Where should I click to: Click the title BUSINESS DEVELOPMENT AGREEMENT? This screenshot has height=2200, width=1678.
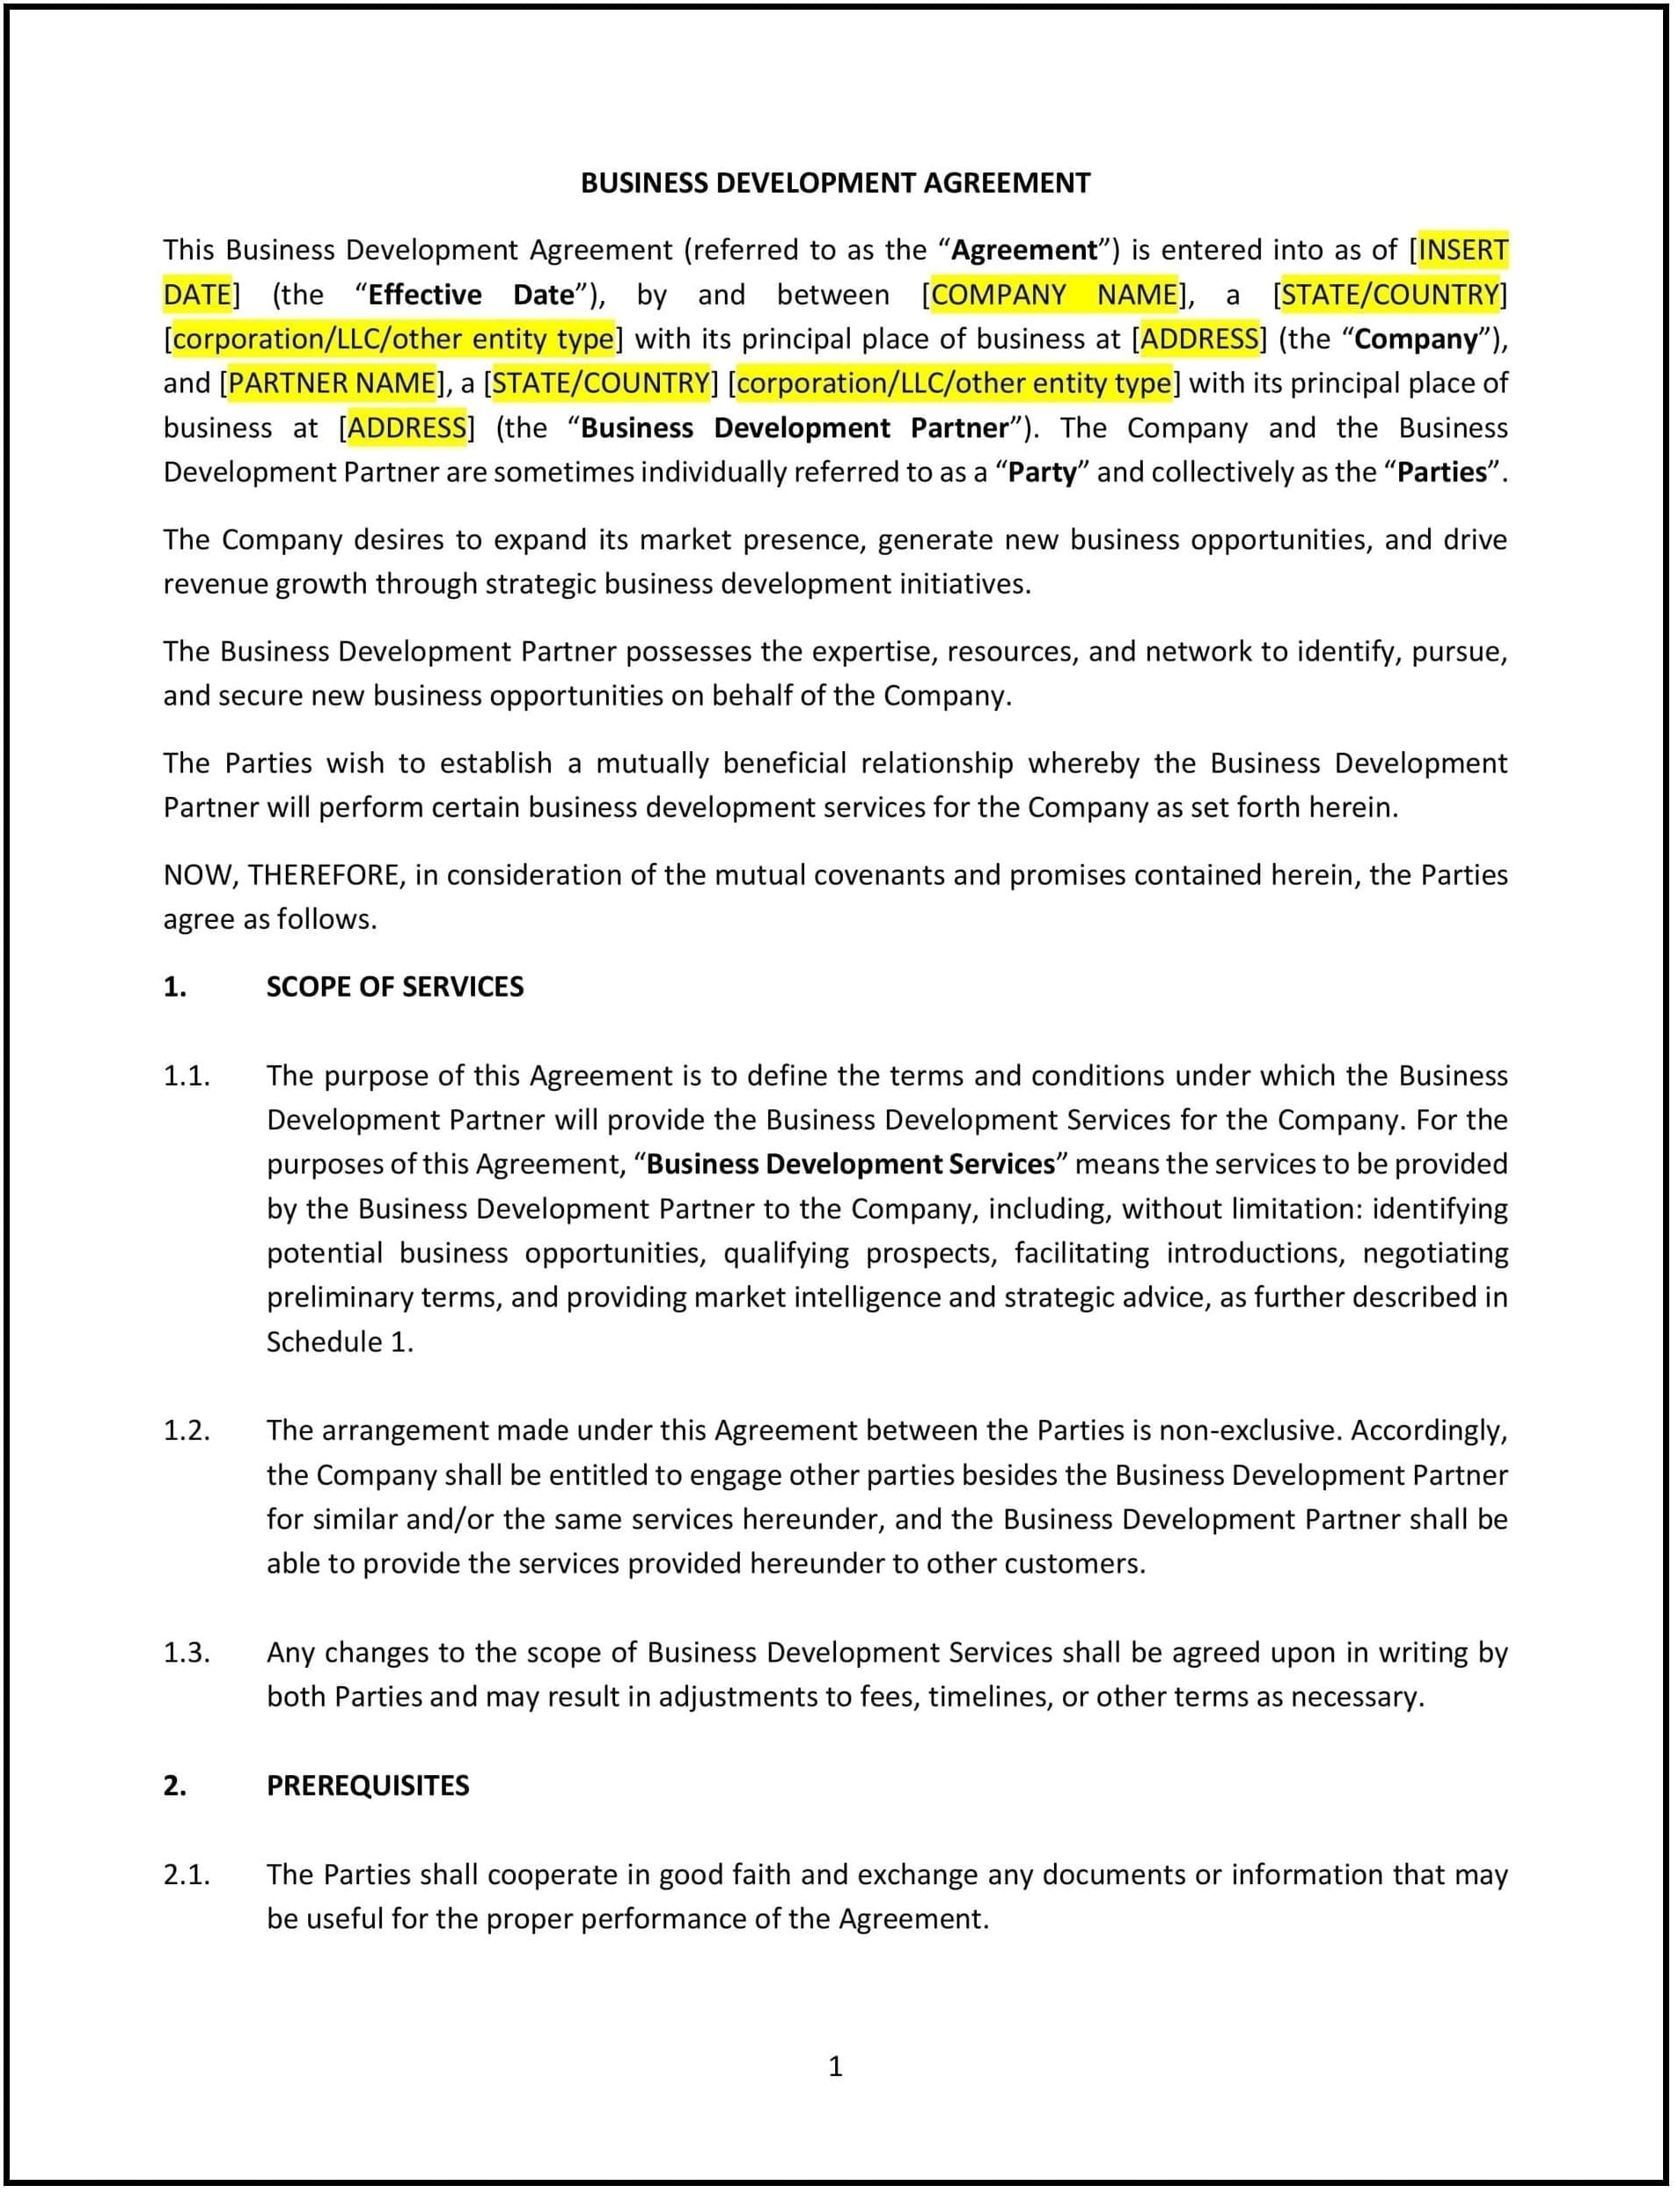(835, 183)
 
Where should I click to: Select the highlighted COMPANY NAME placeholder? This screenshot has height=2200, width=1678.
(1054, 295)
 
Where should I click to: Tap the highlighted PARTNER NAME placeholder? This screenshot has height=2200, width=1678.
(332, 384)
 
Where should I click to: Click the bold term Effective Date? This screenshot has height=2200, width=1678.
(472, 295)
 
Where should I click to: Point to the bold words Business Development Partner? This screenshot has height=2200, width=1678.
(794, 428)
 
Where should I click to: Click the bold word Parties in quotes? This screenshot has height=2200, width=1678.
(1441, 472)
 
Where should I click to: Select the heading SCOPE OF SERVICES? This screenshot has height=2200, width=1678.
(394, 987)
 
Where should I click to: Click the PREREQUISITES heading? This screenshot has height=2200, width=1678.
(368, 1786)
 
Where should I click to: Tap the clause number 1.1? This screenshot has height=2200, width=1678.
(187, 1076)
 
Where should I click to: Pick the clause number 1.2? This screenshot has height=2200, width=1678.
(187, 1430)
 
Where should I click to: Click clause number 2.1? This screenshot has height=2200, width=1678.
(187, 1875)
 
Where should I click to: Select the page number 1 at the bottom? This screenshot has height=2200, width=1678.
(835, 2066)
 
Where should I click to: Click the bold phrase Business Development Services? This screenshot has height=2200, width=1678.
(850, 1165)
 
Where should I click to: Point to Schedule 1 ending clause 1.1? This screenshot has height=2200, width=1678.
(338, 1342)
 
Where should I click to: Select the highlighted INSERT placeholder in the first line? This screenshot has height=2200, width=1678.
(1462, 250)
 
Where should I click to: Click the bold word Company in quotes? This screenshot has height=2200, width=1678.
(1415, 340)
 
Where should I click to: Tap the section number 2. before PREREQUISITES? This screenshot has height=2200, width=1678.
(175, 1786)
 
